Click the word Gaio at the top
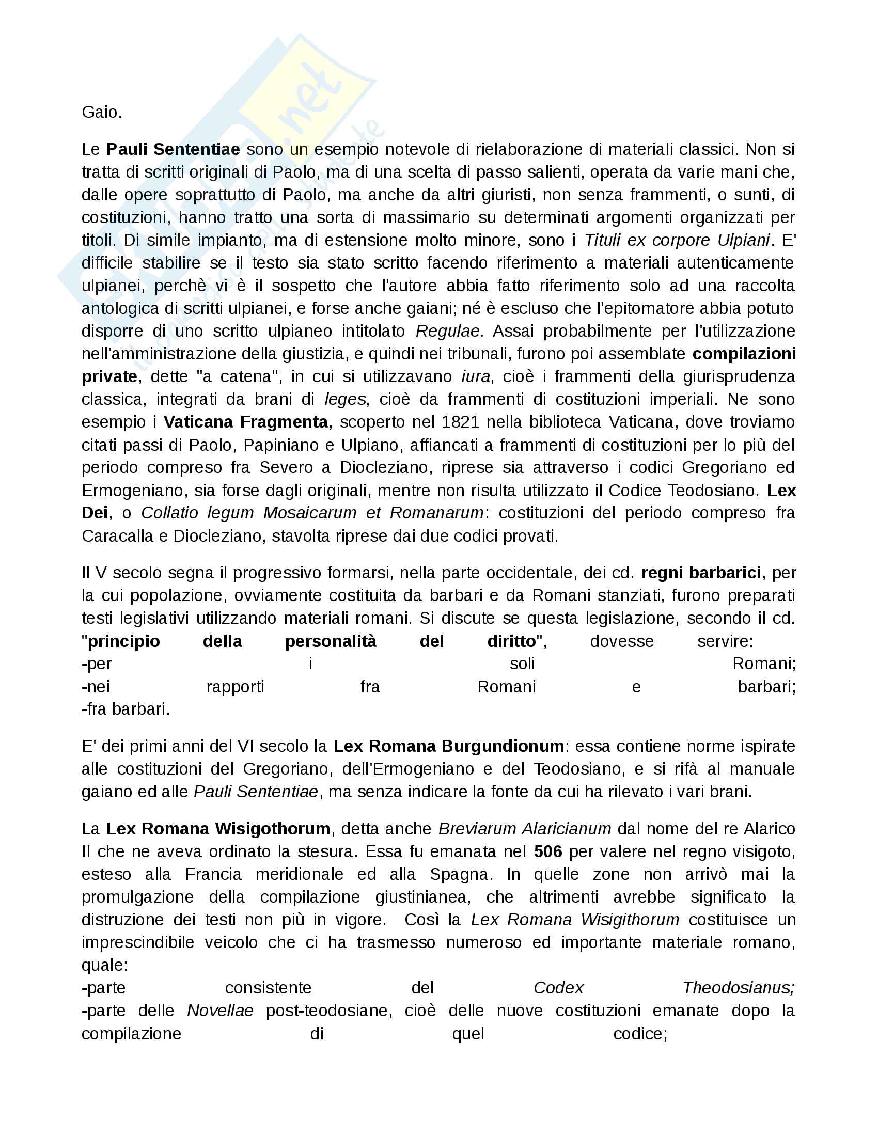(x=101, y=113)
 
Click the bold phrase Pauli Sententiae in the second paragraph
(x=173, y=149)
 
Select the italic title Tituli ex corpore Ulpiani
(x=677, y=240)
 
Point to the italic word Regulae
(x=447, y=332)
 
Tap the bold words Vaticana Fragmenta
(x=245, y=422)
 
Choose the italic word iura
(x=475, y=376)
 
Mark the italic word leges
(x=345, y=400)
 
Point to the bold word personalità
(x=331, y=641)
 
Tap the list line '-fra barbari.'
(x=126, y=709)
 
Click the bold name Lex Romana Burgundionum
(x=448, y=747)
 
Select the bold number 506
(x=547, y=851)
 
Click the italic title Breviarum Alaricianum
(x=524, y=829)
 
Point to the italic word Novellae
(x=220, y=1011)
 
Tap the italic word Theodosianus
(x=738, y=988)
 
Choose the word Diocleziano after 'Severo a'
(x=385, y=468)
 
